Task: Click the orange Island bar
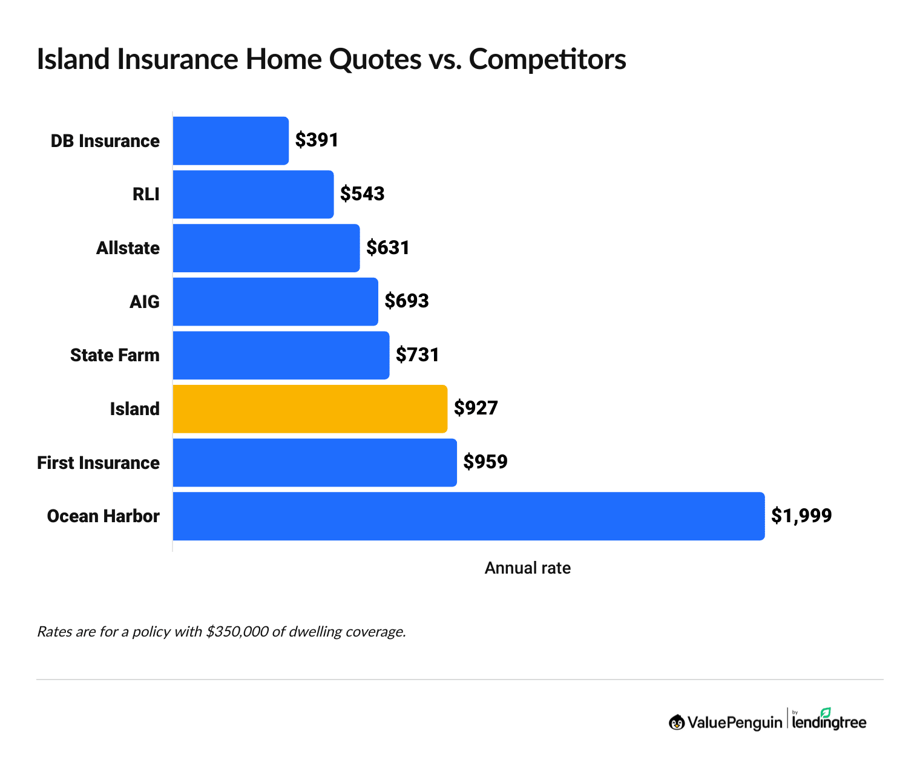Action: coord(310,409)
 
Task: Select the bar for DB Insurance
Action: coord(231,140)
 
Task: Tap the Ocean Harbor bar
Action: coord(468,516)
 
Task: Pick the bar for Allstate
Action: coord(266,248)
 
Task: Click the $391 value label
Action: coord(317,140)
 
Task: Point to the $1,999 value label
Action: coord(801,516)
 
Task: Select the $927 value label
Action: coord(476,408)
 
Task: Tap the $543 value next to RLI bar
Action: coord(362,194)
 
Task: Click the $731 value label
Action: coord(417,355)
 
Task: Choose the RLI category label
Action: coord(146,194)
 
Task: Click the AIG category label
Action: coord(145,301)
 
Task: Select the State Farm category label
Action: coord(115,355)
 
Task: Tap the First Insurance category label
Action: coord(99,463)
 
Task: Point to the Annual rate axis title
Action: coord(527,568)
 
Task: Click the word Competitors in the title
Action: coord(547,59)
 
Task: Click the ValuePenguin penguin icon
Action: coord(677,722)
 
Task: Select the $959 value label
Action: coord(485,462)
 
